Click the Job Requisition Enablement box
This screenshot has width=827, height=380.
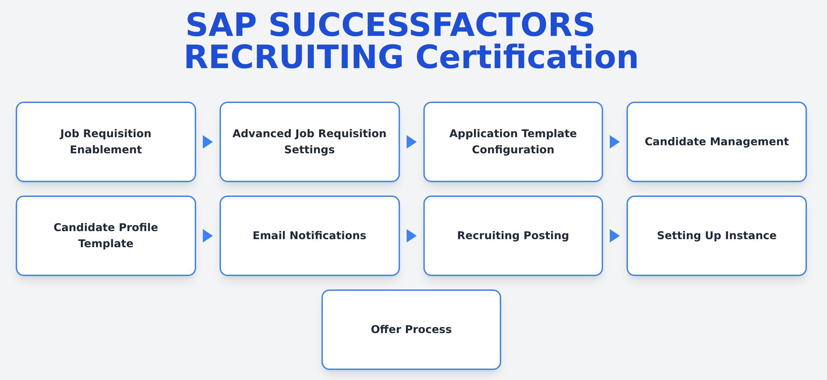point(106,142)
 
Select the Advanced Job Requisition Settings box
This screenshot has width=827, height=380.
point(310,142)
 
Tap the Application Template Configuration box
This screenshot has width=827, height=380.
point(513,142)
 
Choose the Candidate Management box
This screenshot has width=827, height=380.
point(717,142)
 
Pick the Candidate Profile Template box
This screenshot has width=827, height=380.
point(106,236)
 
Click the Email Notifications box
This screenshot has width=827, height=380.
point(310,236)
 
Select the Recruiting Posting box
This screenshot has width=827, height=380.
point(513,236)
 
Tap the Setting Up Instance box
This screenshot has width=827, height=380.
point(717,236)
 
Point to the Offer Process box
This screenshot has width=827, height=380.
point(411,330)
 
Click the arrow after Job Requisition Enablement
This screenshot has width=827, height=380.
point(208,142)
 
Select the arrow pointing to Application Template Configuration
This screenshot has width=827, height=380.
point(412,142)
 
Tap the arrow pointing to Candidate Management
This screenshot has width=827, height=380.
point(615,142)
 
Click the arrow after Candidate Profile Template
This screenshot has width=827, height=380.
point(208,236)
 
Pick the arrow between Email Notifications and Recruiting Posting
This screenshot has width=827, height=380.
point(412,236)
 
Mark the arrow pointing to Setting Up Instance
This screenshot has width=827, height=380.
point(615,236)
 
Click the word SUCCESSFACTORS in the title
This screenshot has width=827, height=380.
point(432,25)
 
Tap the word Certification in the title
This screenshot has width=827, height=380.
point(527,57)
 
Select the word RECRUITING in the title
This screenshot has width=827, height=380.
point(294,57)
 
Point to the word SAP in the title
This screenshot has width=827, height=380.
point(222,25)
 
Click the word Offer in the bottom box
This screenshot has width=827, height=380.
point(386,329)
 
